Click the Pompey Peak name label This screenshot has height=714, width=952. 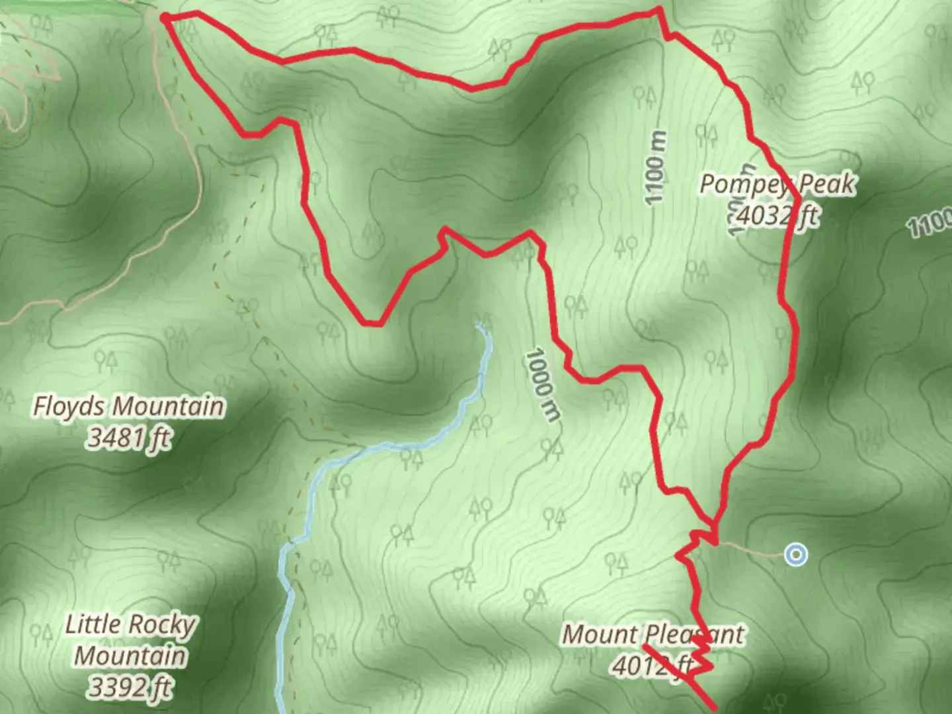coord(777,184)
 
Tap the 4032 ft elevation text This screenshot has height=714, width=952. coord(777,216)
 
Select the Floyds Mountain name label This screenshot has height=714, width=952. coord(129,407)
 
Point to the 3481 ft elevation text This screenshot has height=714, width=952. coord(129,438)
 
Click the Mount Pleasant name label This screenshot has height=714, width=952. coord(653,635)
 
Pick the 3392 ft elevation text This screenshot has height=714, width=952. coord(130,688)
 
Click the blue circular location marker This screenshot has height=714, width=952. coord(797,554)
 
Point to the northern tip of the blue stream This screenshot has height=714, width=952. coord(479,325)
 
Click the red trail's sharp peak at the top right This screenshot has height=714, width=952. coord(659,9)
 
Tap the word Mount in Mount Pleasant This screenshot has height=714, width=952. coord(599,635)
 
